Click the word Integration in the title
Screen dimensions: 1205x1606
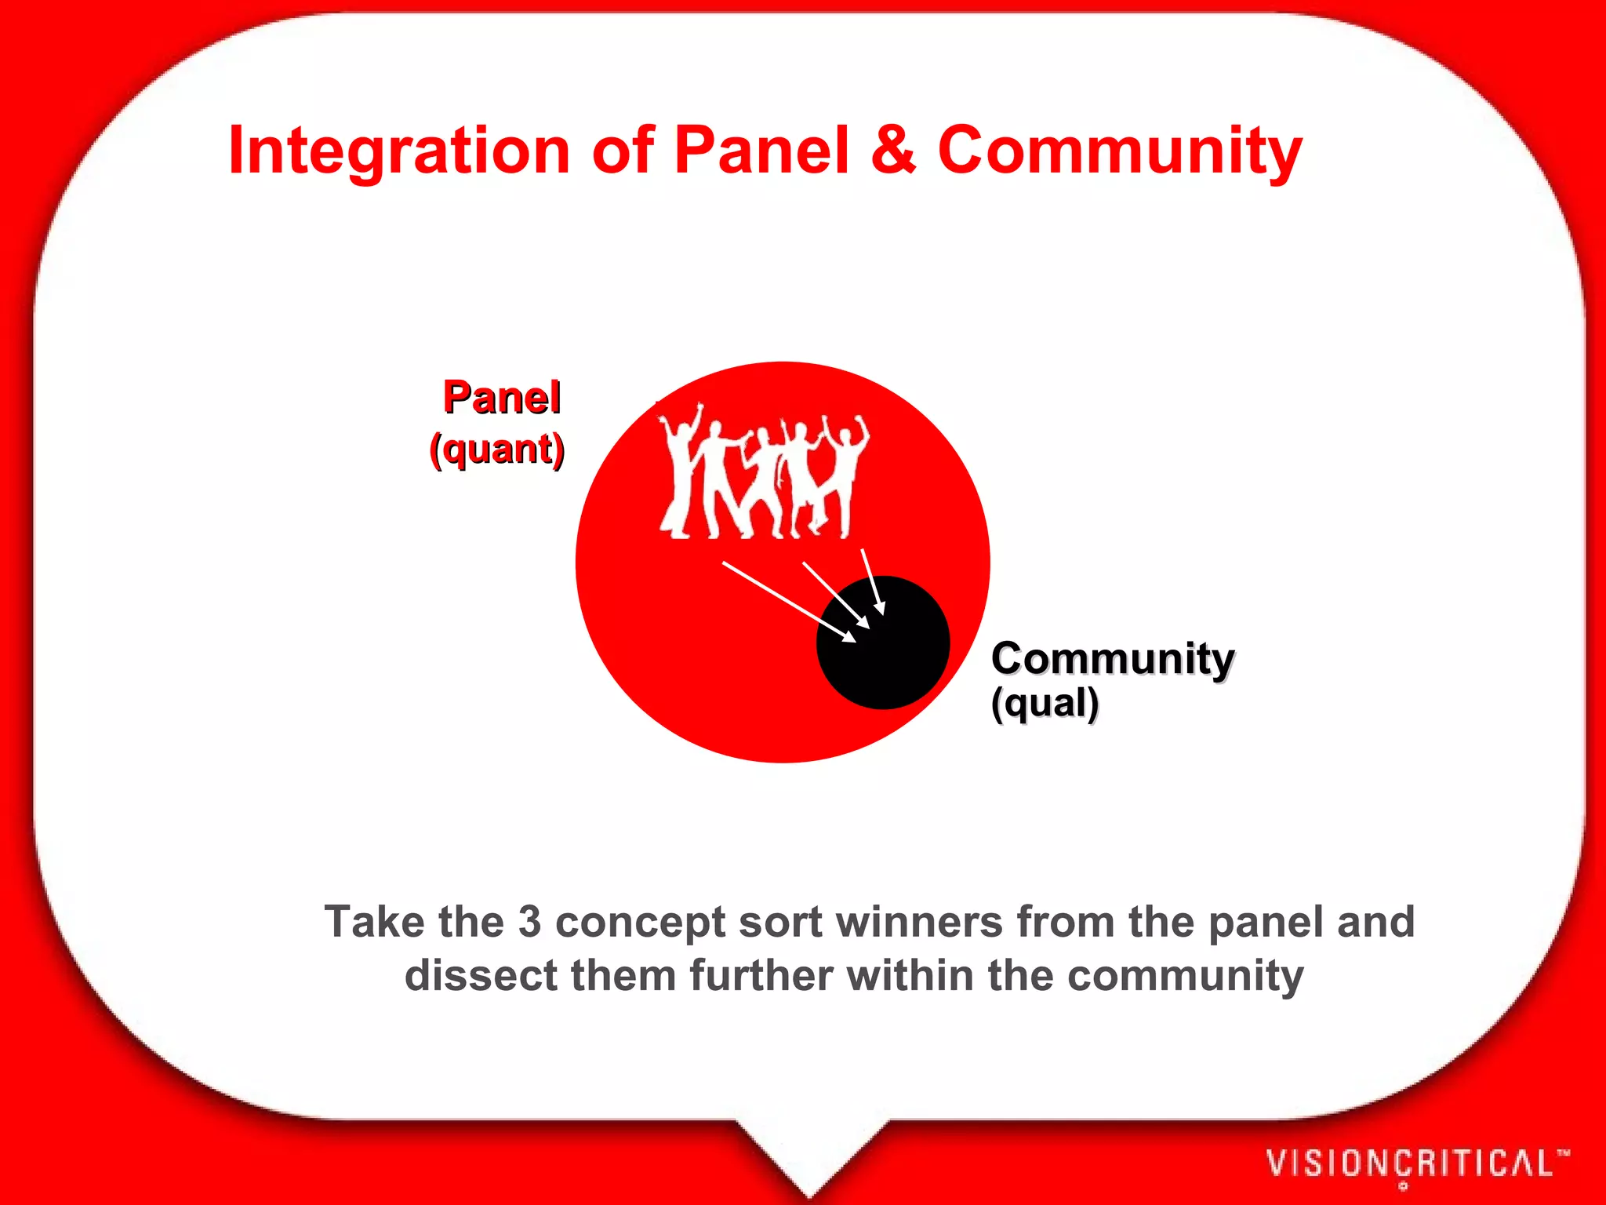[x=398, y=151]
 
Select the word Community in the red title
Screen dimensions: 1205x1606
[x=1120, y=151]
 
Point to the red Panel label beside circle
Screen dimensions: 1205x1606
[x=502, y=397]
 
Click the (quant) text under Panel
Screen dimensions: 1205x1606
[x=497, y=450]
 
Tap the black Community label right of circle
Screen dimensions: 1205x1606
[x=1112, y=658]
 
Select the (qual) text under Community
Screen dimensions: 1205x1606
[x=1045, y=703]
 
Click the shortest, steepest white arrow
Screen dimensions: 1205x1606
[x=873, y=581]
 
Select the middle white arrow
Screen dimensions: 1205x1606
[x=835, y=595]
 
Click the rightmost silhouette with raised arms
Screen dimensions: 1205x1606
[x=847, y=471]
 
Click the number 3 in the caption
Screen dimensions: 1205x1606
[x=529, y=922]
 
